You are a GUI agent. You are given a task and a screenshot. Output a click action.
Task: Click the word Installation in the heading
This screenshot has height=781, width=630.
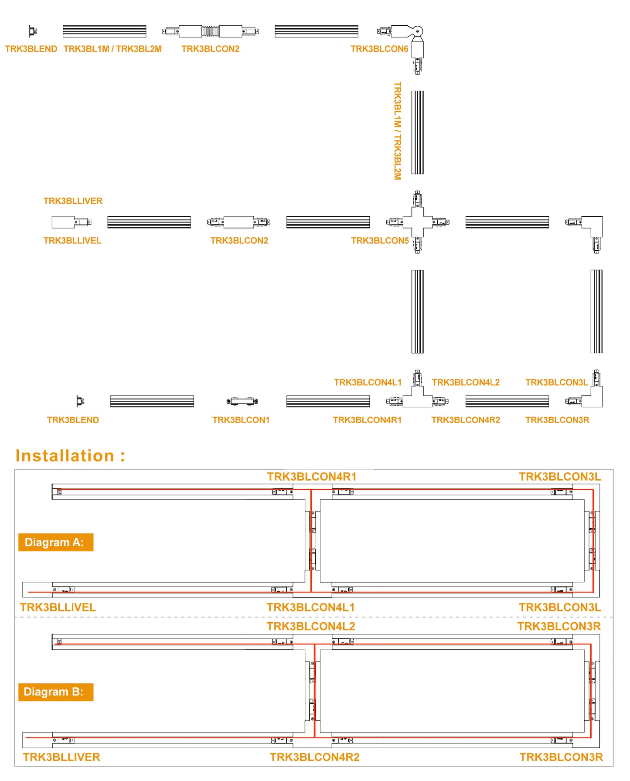(65, 456)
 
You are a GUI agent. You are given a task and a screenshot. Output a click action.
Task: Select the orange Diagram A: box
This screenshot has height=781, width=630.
(56, 542)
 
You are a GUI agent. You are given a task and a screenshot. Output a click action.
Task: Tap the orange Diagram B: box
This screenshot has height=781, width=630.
(56, 692)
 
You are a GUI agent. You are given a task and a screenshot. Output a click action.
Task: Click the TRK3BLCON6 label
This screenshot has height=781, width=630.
(379, 49)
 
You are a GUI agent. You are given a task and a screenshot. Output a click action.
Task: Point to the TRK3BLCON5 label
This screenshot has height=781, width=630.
(380, 241)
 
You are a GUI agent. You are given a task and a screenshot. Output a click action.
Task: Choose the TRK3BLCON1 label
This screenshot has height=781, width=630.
(241, 420)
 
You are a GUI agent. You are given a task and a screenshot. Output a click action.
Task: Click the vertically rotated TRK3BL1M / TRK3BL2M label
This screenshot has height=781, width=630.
(397, 131)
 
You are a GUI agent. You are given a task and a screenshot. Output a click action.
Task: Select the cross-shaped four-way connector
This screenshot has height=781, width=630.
(418, 222)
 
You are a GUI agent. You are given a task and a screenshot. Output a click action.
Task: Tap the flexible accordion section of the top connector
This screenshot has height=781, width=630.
(210, 31)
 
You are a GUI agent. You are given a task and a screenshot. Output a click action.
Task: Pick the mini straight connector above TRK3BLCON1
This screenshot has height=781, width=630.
(242, 401)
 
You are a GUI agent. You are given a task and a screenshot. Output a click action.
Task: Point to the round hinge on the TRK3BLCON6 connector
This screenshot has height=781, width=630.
(418, 31)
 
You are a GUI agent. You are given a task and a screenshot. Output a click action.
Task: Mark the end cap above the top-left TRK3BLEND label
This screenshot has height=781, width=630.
(33, 31)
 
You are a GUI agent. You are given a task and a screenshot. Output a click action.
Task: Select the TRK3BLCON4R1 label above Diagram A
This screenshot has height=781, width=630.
(312, 477)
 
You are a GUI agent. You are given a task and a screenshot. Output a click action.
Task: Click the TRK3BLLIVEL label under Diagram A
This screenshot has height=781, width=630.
(58, 607)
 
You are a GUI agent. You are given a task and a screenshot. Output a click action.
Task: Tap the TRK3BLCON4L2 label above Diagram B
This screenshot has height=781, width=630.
(311, 627)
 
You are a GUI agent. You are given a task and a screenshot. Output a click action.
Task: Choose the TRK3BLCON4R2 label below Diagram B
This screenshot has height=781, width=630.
(314, 757)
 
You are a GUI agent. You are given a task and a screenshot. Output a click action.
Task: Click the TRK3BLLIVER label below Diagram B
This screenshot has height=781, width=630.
(61, 757)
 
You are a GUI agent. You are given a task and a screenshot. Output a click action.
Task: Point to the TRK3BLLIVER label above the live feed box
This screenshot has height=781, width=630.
(73, 201)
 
